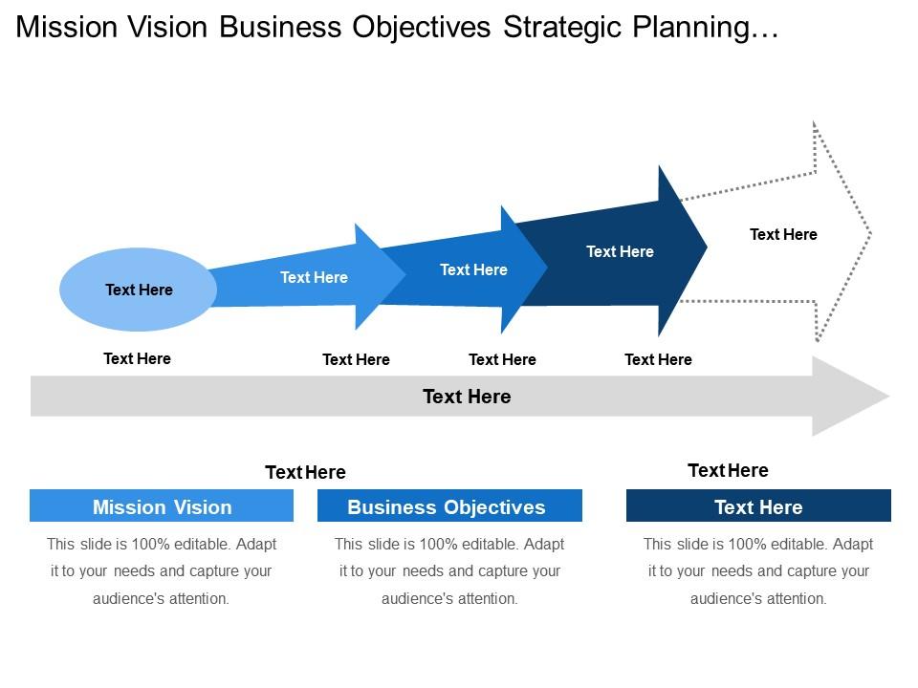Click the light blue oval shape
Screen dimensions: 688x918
[139, 290]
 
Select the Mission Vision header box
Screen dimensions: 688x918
[162, 506]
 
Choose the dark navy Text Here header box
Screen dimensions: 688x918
[758, 506]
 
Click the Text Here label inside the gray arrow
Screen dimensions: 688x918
[467, 397]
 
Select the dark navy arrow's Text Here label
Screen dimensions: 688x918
[620, 251]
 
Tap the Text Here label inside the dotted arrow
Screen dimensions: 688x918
[783, 234]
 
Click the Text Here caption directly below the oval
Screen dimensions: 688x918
[137, 358]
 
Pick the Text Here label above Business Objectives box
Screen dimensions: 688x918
[305, 472]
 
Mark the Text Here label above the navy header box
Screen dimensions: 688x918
[728, 470]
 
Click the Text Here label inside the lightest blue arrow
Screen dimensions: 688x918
[314, 277]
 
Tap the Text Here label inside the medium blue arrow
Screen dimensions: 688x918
[473, 269]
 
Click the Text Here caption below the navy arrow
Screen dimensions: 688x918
[658, 359]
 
